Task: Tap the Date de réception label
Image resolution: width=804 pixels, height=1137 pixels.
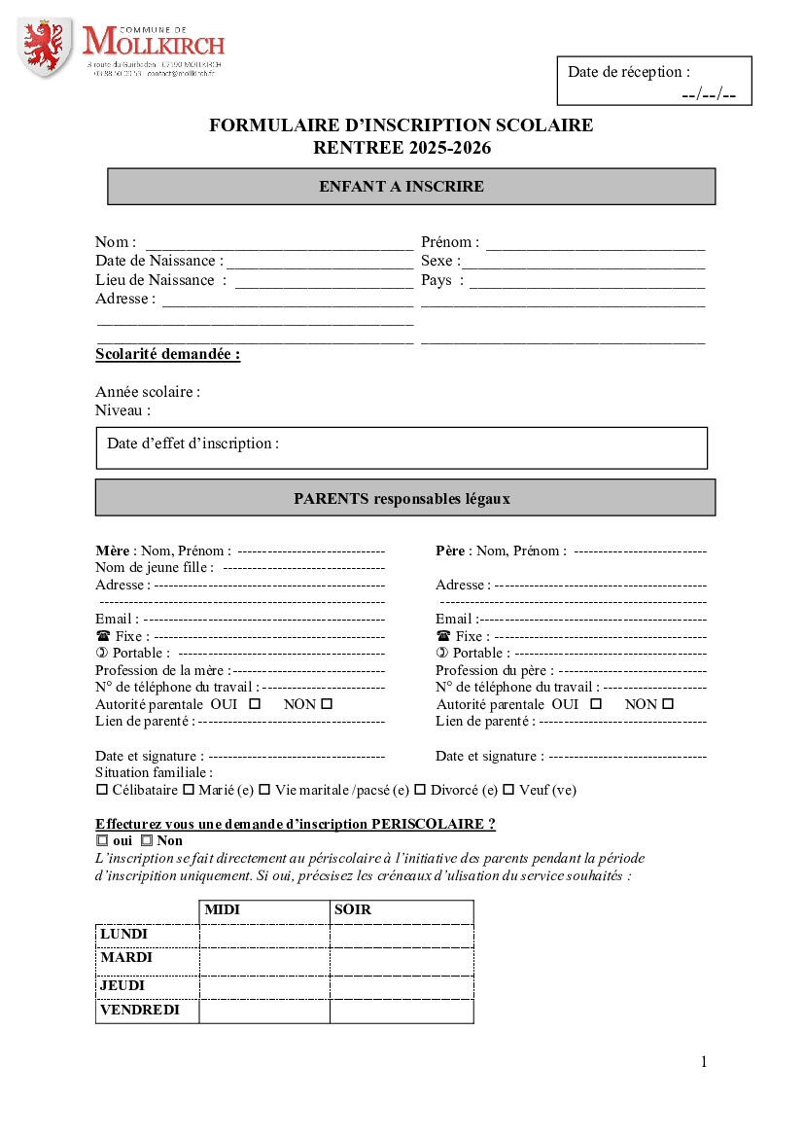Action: tap(629, 72)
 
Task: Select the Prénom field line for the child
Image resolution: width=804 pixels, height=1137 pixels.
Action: tap(595, 244)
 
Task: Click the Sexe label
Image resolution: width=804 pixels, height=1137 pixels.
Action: tap(438, 262)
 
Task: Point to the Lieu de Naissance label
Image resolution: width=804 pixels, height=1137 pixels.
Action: tap(155, 280)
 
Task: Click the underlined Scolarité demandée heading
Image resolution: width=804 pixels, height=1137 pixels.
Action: tap(167, 354)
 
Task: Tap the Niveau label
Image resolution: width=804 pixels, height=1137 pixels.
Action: tap(122, 410)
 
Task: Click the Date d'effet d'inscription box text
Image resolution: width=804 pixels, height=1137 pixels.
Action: tap(192, 444)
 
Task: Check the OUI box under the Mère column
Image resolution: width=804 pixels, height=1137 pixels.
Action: tap(256, 703)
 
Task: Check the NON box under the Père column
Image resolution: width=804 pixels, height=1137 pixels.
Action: tap(668, 703)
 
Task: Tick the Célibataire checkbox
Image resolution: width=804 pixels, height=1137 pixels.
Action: tap(102, 790)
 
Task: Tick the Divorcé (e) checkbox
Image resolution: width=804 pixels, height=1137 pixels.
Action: tap(420, 790)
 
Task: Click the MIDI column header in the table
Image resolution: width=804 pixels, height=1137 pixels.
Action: tap(222, 910)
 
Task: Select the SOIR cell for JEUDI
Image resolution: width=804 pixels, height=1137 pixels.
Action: tap(401, 985)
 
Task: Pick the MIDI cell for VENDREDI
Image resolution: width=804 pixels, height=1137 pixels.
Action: tap(263, 1011)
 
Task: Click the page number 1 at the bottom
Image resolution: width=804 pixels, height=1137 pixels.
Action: tap(704, 1061)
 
